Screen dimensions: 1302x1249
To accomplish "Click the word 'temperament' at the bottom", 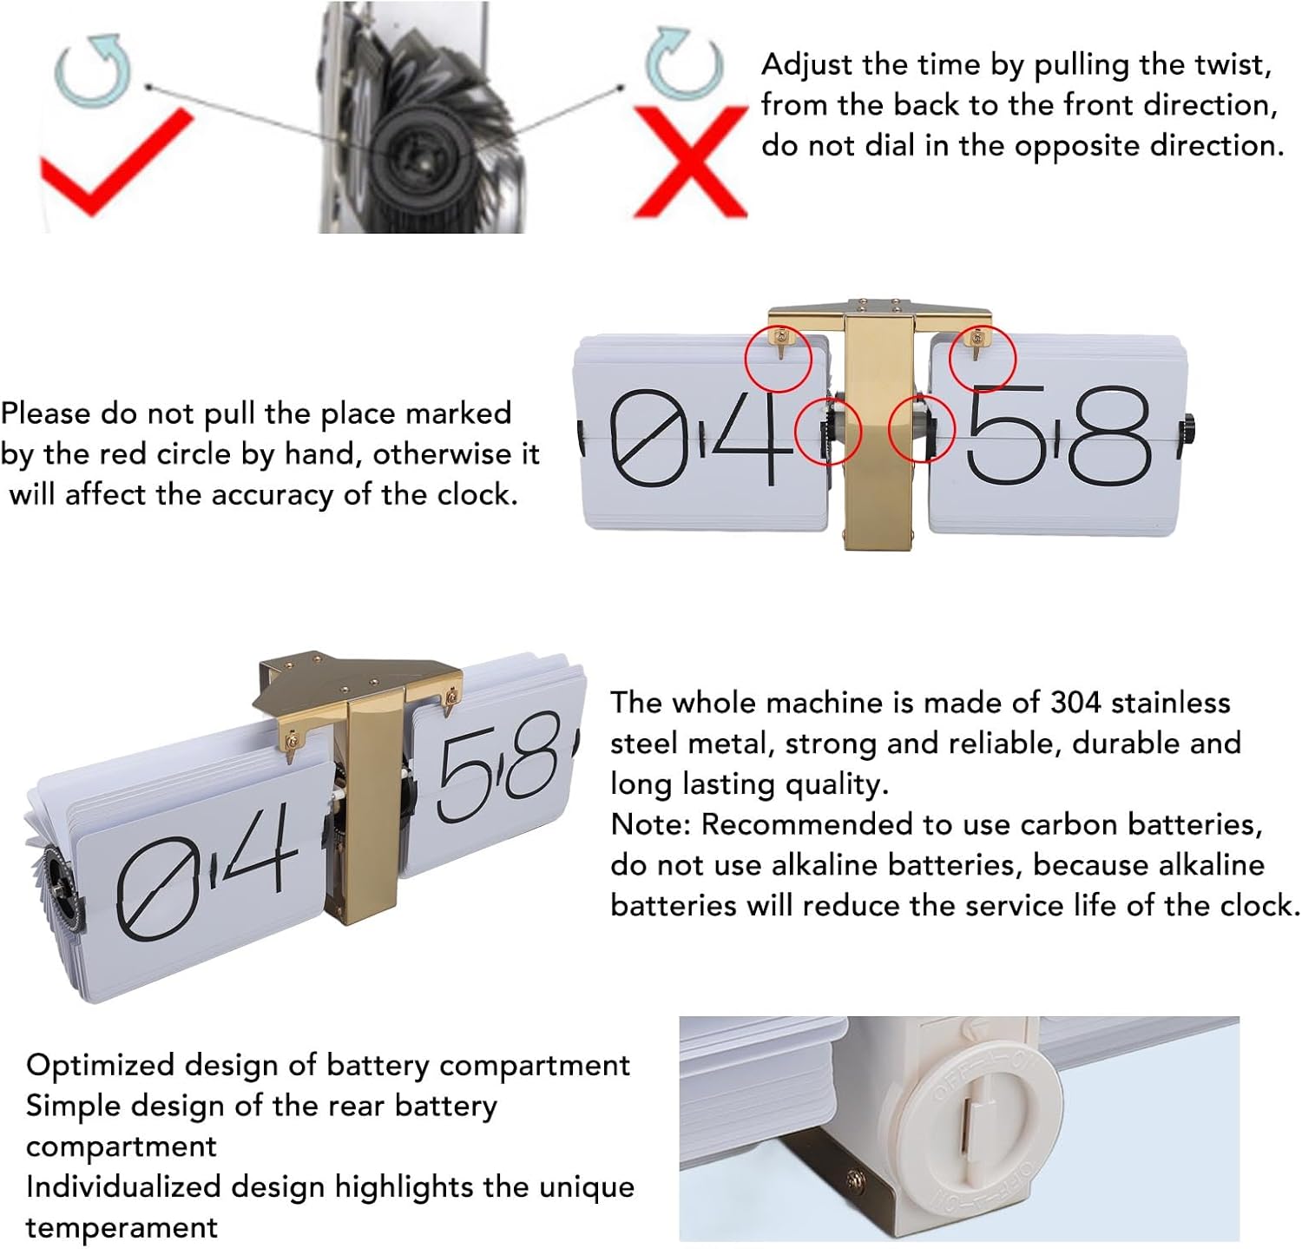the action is (x=122, y=1228).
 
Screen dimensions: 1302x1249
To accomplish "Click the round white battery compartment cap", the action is (x=990, y=1129).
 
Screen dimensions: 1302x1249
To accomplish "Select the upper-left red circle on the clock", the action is (x=779, y=359).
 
